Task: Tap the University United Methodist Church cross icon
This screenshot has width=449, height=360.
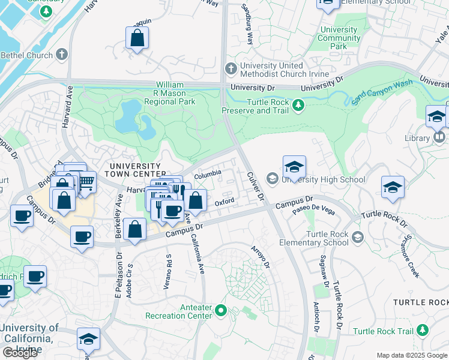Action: tap(230, 69)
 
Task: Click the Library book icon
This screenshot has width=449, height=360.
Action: tap(439, 138)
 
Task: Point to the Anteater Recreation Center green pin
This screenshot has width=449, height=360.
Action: tap(220, 311)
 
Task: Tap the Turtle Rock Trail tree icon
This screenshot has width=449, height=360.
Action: tap(423, 331)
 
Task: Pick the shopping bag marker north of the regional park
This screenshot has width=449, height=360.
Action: tap(137, 39)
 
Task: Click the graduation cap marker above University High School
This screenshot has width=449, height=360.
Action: tap(294, 166)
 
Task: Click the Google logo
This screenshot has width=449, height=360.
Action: tap(20, 353)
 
